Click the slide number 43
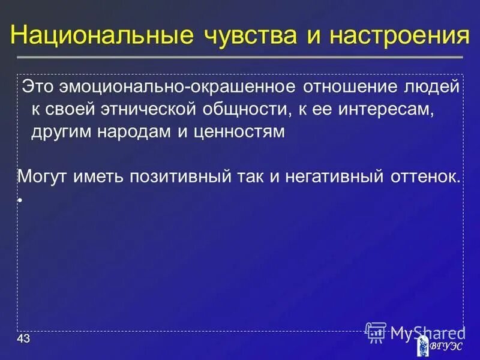(23, 340)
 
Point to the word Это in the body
(38, 87)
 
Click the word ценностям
(239, 133)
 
